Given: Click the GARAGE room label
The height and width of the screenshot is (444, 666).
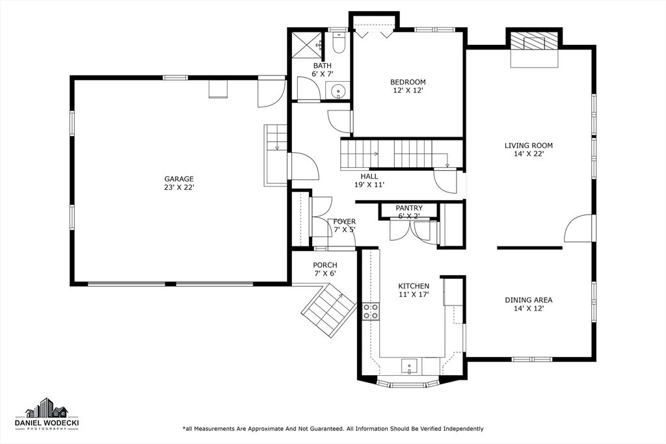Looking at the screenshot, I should click(x=179, y=179).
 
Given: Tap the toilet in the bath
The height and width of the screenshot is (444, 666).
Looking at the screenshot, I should click(x=338, y=44).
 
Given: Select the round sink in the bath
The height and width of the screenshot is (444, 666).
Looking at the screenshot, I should click(x=337, y=91).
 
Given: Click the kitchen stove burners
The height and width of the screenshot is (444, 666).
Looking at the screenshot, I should click(x=371, y=311).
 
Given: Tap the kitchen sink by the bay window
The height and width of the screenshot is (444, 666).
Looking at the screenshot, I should click(x=410, y=366).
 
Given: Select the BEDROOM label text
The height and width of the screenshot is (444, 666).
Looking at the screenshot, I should click(x=408, y=82).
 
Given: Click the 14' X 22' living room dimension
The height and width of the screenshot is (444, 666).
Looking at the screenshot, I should click(x=528, y=154).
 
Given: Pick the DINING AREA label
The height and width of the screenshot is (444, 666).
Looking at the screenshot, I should click(x=528, y=300).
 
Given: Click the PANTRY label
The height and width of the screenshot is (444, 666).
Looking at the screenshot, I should click(x=409, y=208).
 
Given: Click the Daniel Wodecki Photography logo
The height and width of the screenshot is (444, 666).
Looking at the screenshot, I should click(x=46, y=413).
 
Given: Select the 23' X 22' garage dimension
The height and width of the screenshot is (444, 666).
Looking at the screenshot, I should click(x=179, y=187).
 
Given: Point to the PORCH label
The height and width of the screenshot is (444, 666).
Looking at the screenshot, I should click(x=325, y=265).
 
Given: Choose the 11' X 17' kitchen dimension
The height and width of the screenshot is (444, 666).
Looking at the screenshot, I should click(x=414, y=294).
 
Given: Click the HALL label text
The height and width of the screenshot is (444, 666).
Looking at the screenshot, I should click(x=369, y=176).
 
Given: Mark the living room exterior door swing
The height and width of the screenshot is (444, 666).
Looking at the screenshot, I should click(x=579, y=229).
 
